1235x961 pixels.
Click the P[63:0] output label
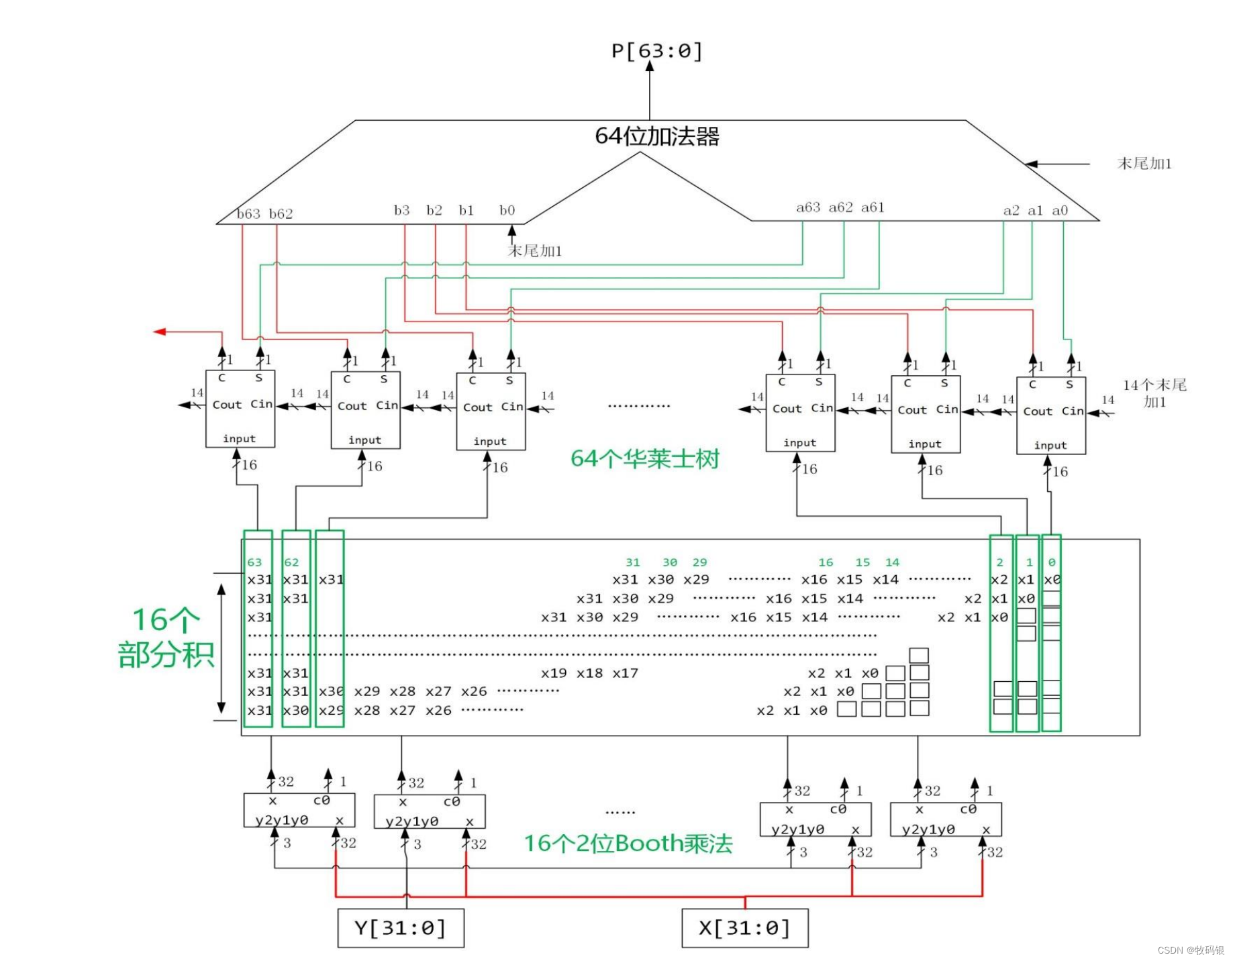[656, 51]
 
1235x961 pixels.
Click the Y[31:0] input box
[400, 928]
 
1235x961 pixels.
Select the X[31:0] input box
[744, 928]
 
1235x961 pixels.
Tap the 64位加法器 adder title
[656, 136]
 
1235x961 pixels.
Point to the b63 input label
[248, 213]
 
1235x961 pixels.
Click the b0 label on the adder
[507, 211]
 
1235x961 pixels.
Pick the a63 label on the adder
[808, 207]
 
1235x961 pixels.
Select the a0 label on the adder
[1060, 211]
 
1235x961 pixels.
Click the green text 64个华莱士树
[644, 459]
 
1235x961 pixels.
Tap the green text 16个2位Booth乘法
[628, 844]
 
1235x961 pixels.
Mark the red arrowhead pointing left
[160, 332]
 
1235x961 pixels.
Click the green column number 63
[254, 562]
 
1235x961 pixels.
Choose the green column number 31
[632, 562]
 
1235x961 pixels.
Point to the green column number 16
[826, 562]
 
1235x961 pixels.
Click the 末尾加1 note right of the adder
[1144, 164]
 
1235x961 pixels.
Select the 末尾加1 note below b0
[534, 251]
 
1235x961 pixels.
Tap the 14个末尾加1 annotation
[1154, 393]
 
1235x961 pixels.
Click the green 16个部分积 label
[165, 638]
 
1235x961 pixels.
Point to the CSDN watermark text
[1190, 950]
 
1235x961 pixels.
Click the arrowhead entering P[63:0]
[650, 66]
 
